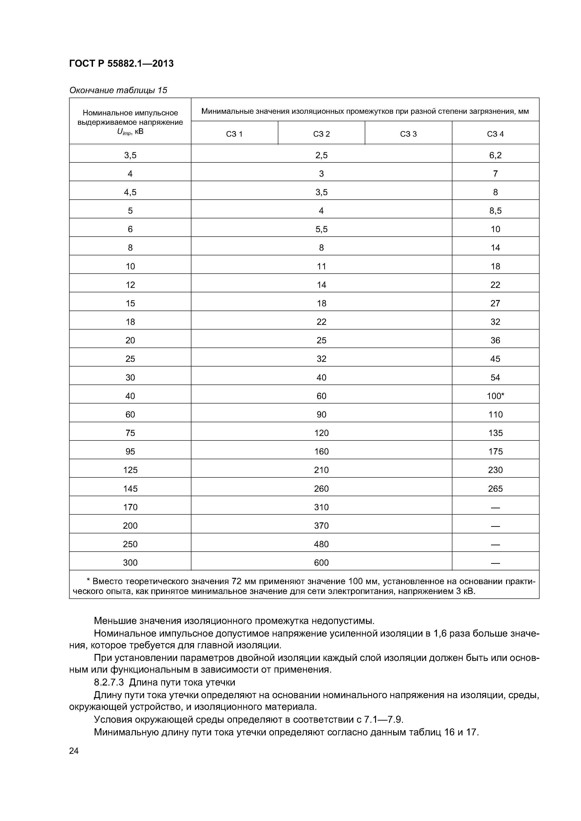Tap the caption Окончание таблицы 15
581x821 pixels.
pos(118,90)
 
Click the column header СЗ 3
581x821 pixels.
pos(408,134)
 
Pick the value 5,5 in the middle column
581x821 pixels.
pos(321,229)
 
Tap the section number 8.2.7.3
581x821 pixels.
pos(109,682)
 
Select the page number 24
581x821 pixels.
pos(74,751)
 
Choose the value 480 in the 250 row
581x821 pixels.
pos(321,544)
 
